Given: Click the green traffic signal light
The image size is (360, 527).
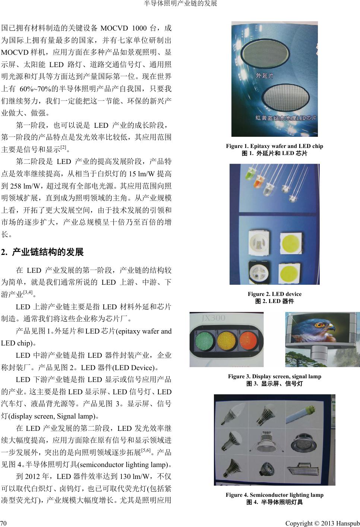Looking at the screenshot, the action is [x=205, y=340].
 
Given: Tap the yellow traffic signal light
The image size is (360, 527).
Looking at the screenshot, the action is [x=227, y=340].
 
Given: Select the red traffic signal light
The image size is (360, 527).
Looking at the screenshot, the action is [x=249, y=340].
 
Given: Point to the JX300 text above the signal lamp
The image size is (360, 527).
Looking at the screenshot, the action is [x=214, y=318].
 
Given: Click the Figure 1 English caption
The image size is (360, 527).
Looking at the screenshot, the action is [x=274, y=146].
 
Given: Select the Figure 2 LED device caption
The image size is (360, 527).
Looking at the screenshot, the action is [x=274, y=294].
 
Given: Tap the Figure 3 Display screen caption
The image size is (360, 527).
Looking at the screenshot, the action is [x=274, y=376].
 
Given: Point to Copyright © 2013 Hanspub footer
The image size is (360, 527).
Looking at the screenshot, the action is [x=322, y=523].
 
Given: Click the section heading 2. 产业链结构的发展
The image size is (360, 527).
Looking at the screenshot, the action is [x=42, y=252].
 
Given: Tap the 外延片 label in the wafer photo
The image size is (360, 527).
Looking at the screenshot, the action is [x=265, y=76].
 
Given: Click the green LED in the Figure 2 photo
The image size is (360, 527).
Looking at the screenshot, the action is [x=249, y=176].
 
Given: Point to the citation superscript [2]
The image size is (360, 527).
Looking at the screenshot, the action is [x=63, y=148].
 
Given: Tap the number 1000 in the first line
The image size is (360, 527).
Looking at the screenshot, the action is [x=139, y=28].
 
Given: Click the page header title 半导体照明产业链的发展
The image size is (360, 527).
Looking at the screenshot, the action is [x=180, y=3].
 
